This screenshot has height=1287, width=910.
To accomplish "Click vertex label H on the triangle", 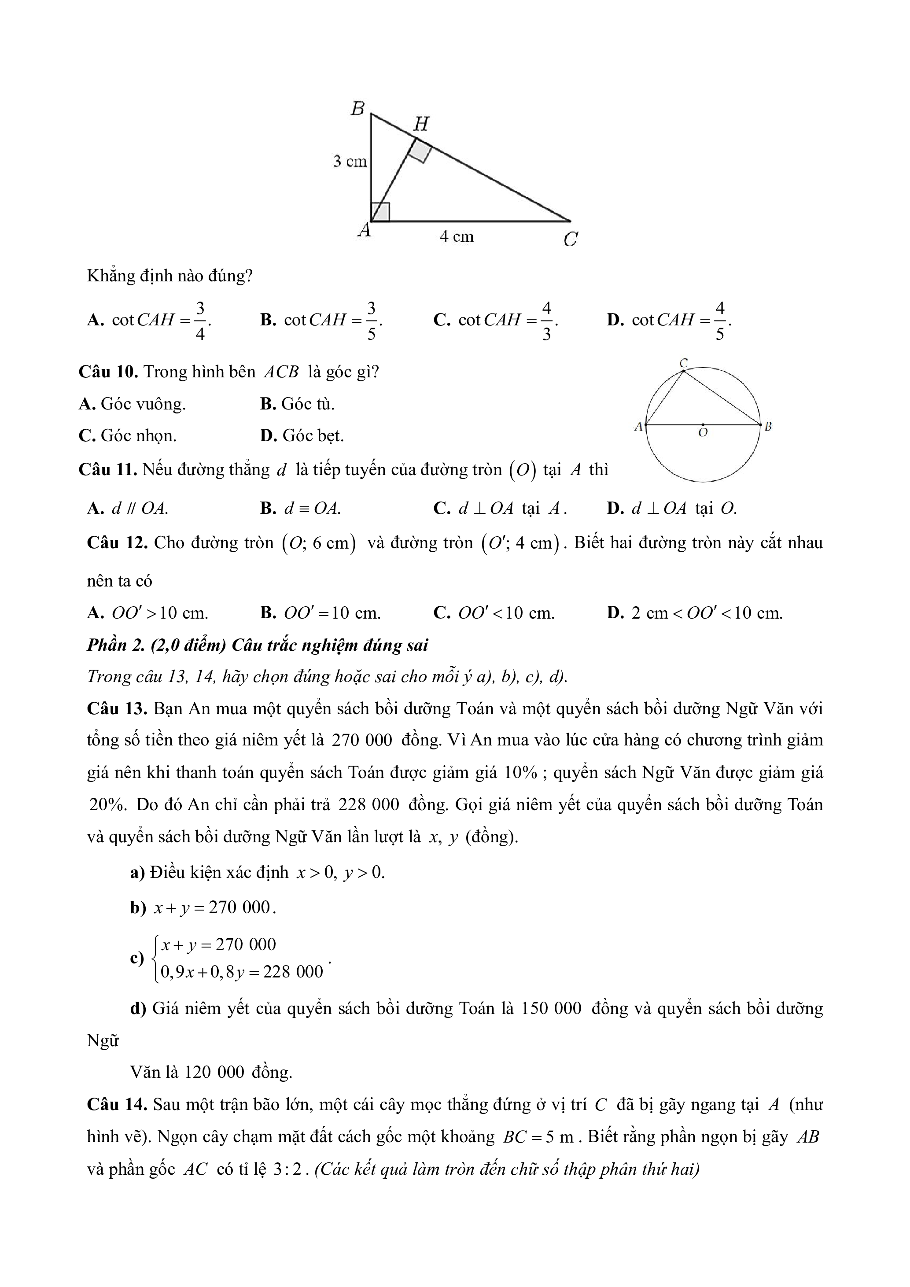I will tap(421, 124).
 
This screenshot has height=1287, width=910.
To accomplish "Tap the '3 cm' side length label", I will tap(350, 162).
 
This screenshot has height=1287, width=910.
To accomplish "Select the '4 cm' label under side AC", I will tap(457, 237).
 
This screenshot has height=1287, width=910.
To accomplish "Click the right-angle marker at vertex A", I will tap(380, 212).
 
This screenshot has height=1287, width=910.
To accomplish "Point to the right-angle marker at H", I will tap(420, 151).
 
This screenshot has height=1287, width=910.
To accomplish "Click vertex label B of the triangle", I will tap(357, 108).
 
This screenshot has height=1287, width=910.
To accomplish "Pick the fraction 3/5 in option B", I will tap(371, 321).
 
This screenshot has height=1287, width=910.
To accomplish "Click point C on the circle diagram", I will tap(683, 364).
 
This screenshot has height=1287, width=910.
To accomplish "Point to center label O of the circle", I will tap(703, 433).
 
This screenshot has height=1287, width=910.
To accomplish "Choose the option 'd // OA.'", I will tap(140, 509).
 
